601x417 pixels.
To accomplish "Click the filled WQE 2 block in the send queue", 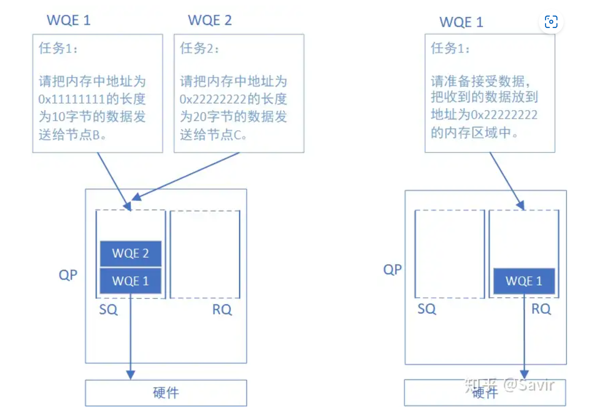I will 130,253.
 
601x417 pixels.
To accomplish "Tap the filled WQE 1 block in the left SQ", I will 130,281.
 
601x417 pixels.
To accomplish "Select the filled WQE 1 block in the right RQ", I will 524,281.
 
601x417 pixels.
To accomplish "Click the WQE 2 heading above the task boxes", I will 210,20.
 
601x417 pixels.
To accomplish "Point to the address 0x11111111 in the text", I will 72,99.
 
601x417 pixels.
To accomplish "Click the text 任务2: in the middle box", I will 199,48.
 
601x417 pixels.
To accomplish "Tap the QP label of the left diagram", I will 68,275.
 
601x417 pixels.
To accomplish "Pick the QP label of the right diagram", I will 392,269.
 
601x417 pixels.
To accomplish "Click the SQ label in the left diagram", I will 108,310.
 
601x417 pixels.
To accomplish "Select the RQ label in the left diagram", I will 222,310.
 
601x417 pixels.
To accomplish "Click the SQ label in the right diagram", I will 427,309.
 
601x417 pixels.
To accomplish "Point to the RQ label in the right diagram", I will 541,309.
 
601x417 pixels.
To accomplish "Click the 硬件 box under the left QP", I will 166,393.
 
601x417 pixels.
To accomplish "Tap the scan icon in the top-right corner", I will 551,22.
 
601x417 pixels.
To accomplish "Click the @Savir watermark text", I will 529,385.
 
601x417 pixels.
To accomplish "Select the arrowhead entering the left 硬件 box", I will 130,375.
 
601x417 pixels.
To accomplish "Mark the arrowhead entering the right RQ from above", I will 521,205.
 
